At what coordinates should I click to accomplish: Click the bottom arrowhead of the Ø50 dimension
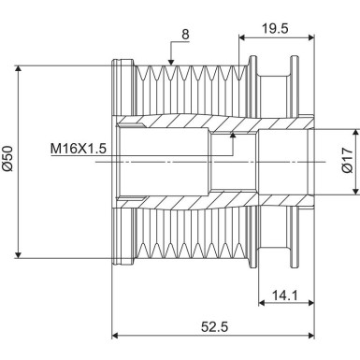pos(20,254)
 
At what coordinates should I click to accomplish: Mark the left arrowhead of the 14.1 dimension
pos(261,301)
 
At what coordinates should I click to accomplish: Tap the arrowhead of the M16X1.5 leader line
pos(233,137)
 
